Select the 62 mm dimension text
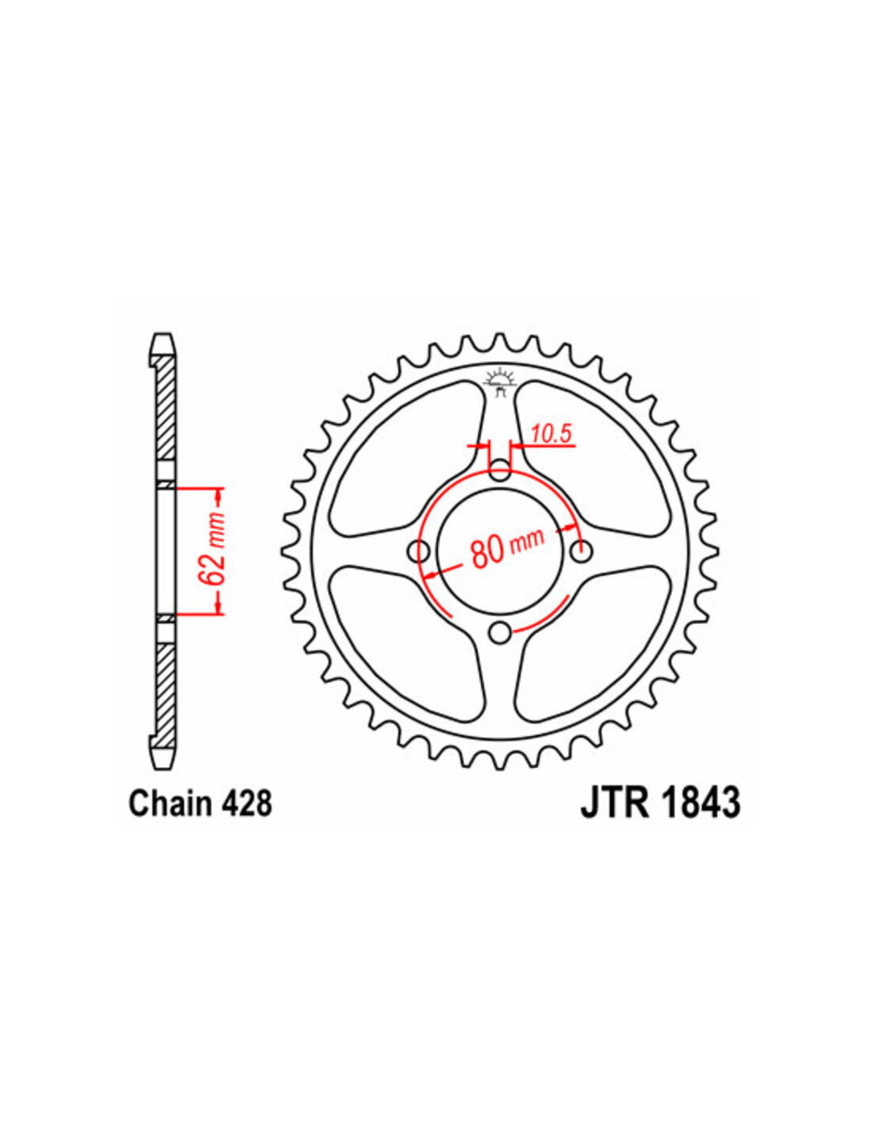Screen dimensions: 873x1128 (218, 551)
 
